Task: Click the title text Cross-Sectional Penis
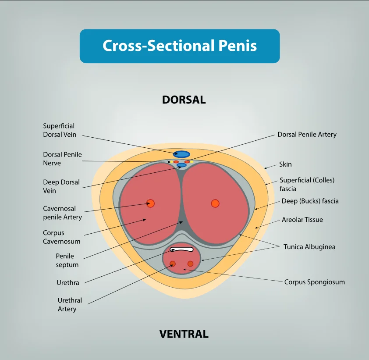tap(180, 46)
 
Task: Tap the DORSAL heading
tap(184, 100)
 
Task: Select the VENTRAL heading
tap(184, 334)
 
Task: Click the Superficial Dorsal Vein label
tap(60, 130)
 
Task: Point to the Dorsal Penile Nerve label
tap(62, 159)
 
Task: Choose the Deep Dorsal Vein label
tap(61, 186)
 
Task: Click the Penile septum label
tap(67, 260)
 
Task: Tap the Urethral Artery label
tap(70, 304)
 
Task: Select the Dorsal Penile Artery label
tap(307, 135)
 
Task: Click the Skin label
tap(285, 164)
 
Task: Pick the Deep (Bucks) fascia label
tap(310, 201)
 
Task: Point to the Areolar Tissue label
tap(302, 220)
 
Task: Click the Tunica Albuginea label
tap(309, 247)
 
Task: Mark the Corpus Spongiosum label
tap(314, 282)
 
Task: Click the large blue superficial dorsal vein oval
tap(181, 154)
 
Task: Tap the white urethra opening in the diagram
tap(181, 250)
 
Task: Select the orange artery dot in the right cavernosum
tap(215, 203)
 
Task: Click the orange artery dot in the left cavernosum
tap(151, 203)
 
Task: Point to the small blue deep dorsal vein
tap(181, 165)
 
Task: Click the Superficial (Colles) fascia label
tap(307, 184)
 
